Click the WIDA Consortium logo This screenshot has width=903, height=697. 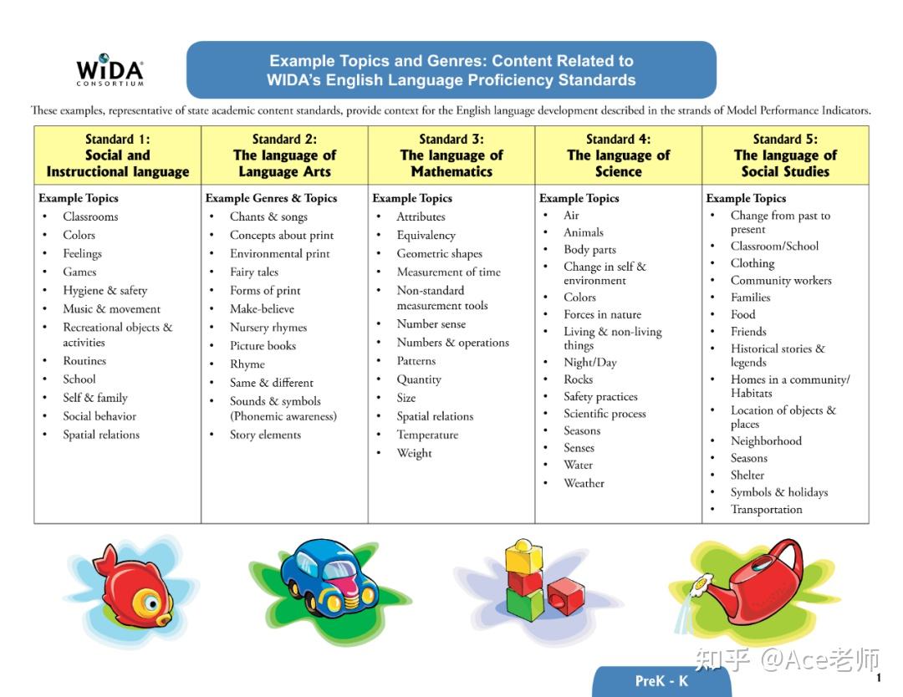(110, 70)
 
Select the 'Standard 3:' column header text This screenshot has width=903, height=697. (451, 140)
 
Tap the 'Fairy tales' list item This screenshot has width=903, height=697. (254, 272)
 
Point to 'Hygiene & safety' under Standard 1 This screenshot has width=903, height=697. (105, 290)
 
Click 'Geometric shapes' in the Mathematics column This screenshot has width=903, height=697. (439, 253)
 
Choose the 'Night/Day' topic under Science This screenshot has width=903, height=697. (589, 362)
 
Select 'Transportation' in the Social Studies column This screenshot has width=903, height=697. (766, 509)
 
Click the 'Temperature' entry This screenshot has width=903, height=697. (427, 435)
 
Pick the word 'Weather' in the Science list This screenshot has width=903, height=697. (584, 483)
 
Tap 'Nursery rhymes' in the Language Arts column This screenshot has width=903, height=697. (268, 327)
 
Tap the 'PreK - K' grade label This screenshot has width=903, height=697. (661, 680)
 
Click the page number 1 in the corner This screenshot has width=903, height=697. (879, 678)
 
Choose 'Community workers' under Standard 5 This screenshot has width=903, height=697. (781, 280)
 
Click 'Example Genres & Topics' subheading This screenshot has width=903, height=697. (271, 198)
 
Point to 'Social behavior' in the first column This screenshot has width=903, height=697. (99, 416)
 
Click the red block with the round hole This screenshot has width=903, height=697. (564, 596)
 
